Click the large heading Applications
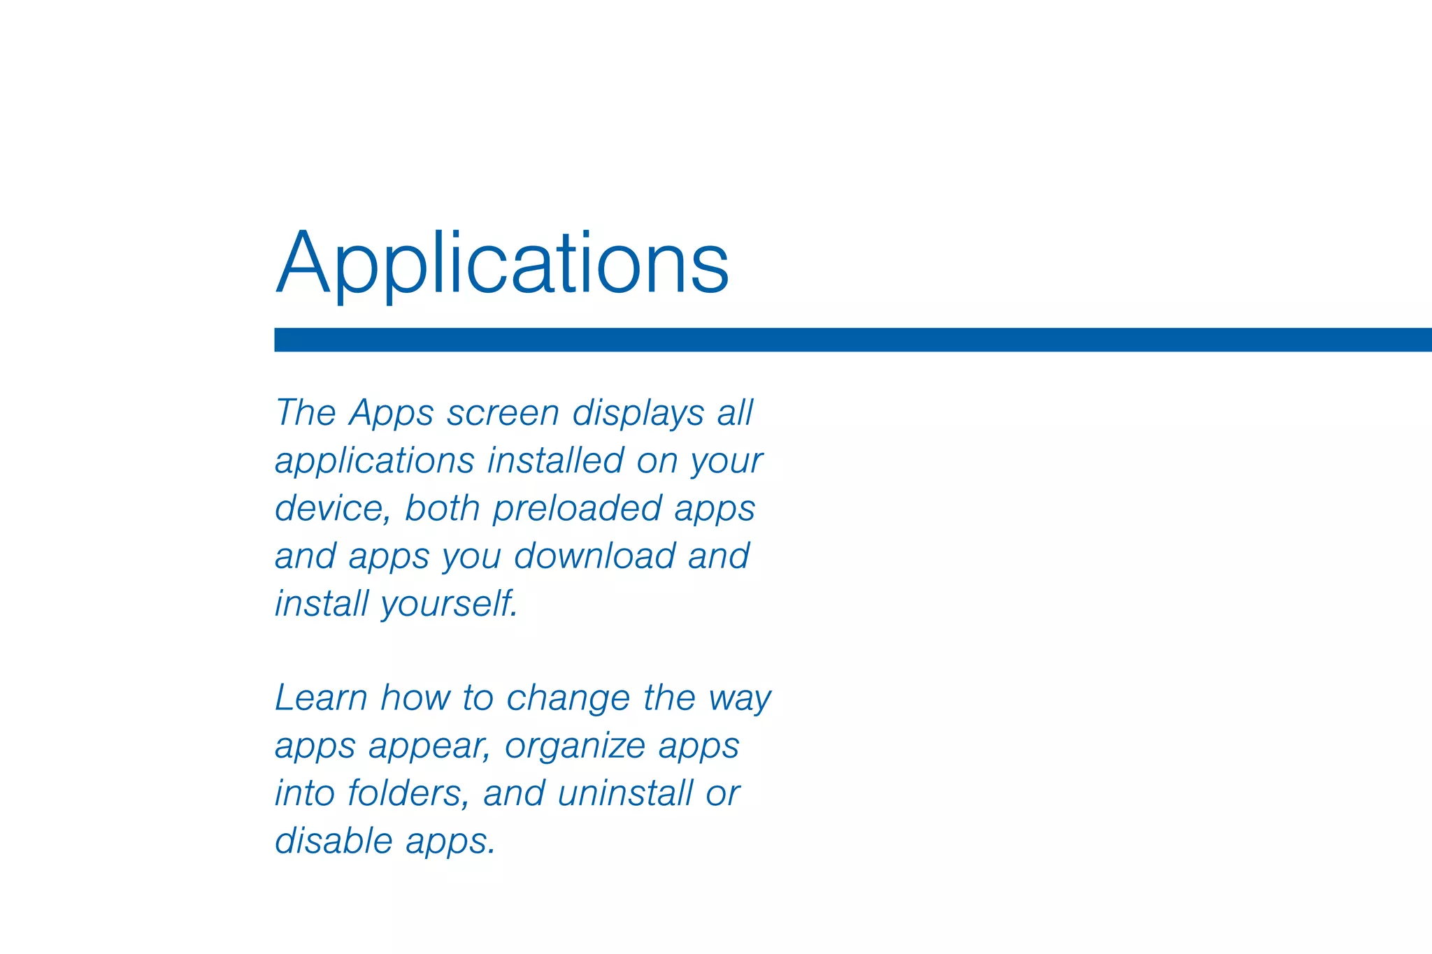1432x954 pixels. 502,264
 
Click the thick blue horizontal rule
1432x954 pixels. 852,340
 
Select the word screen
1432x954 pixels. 503,413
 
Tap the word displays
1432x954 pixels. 638,413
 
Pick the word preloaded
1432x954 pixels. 577,508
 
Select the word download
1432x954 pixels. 594,556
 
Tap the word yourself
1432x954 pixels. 450,604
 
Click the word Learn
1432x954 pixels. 321,698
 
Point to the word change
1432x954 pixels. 568,698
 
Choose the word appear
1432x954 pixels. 429,746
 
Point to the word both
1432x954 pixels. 442,508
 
